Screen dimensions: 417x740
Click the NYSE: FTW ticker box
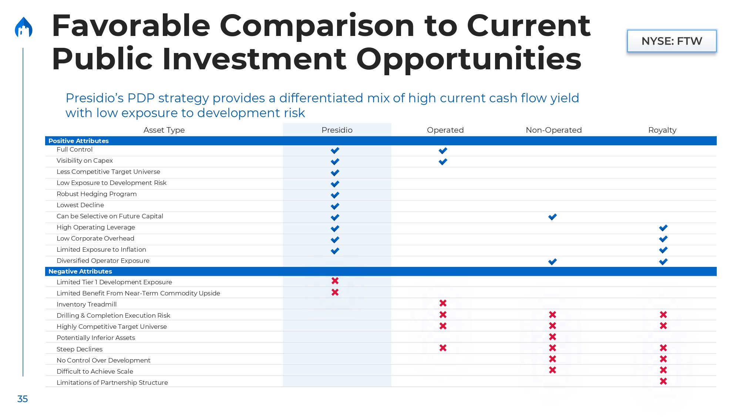[672, 41]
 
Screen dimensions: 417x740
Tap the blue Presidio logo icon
[24, 27]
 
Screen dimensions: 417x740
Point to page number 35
[23, 399]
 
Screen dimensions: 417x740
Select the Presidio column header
[337, 130]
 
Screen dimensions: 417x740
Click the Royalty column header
[662, 130]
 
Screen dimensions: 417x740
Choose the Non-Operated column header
[554, 130]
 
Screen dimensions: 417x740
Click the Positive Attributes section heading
[78, 141]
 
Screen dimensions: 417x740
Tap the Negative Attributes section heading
[80, 271]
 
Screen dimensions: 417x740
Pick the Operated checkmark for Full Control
[443, 150]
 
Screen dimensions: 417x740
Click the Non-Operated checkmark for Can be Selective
[552, 217]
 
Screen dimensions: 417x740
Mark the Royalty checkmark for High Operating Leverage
[663, 228]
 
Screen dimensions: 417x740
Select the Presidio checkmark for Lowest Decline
[335, 206]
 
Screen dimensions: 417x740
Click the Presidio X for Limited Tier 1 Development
[335, 281]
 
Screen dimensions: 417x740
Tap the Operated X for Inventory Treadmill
[443, 303]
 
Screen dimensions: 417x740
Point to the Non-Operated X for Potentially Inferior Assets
[552, 337]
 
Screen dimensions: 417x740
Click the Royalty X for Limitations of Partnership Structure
[663, 381]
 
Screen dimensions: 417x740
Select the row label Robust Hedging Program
[97, 194]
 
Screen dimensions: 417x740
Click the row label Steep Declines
[80, 349]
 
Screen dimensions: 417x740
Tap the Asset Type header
[164, 130]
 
